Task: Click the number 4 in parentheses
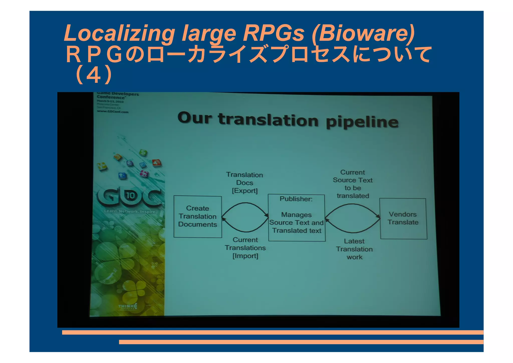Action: pyautogui.click(x=94, y=75)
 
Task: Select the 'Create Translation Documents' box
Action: pyautogui.click(x=198, y=216)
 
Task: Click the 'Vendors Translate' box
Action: pyautogui.click(x=403, y=219)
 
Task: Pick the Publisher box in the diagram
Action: pyautogui.click(x=297, y=218)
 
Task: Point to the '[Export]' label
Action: pyautogui.click(x=245, y=191)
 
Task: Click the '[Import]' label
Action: pyautogui.click(x=245, y=256)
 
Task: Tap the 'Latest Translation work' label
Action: pyautogui.click(x=354, y=249)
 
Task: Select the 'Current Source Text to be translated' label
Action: pyautogui.click(x=353, y=184)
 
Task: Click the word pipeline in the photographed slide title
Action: pyautogui.click(x=362, y=122)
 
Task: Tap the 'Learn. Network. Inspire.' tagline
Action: pyautogui.click(x=130, y=211)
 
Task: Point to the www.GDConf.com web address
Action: pyautogui.click(x=113, y=112)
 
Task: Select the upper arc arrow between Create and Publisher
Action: pyautogui.click(x=245, y=203)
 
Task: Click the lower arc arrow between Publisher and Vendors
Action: pyautogui.click(x=353, y=232)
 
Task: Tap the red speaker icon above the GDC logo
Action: pyautogui.click(x=157, y=163)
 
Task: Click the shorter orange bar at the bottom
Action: pyautogui.click(x=301, y=342)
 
